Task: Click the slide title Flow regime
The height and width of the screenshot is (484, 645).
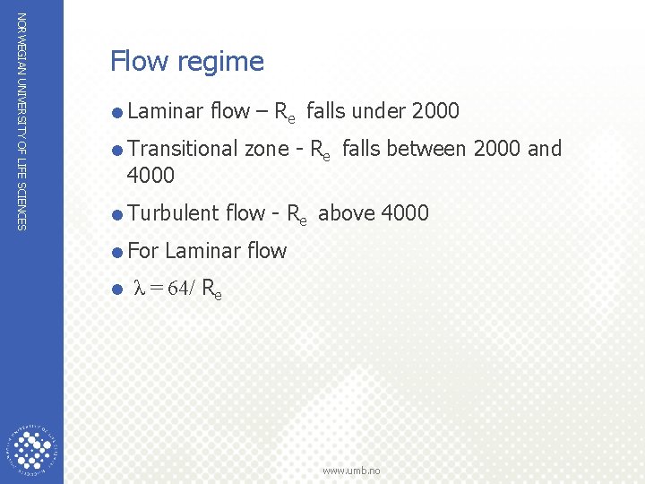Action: (187, 61)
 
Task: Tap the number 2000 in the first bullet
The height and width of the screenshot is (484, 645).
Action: (434, 111)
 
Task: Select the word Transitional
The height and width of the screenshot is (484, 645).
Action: (183, 148)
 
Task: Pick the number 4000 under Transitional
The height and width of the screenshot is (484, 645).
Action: (150, 174)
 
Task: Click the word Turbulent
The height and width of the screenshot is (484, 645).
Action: (174, 212)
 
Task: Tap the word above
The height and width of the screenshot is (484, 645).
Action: (347, 212)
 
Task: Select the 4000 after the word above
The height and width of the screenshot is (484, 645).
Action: (405, 212)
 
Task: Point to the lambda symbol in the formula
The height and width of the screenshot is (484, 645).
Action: (138, 289)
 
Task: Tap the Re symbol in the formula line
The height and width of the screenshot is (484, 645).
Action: (212, 290)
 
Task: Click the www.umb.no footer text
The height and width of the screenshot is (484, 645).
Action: (352, 471)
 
